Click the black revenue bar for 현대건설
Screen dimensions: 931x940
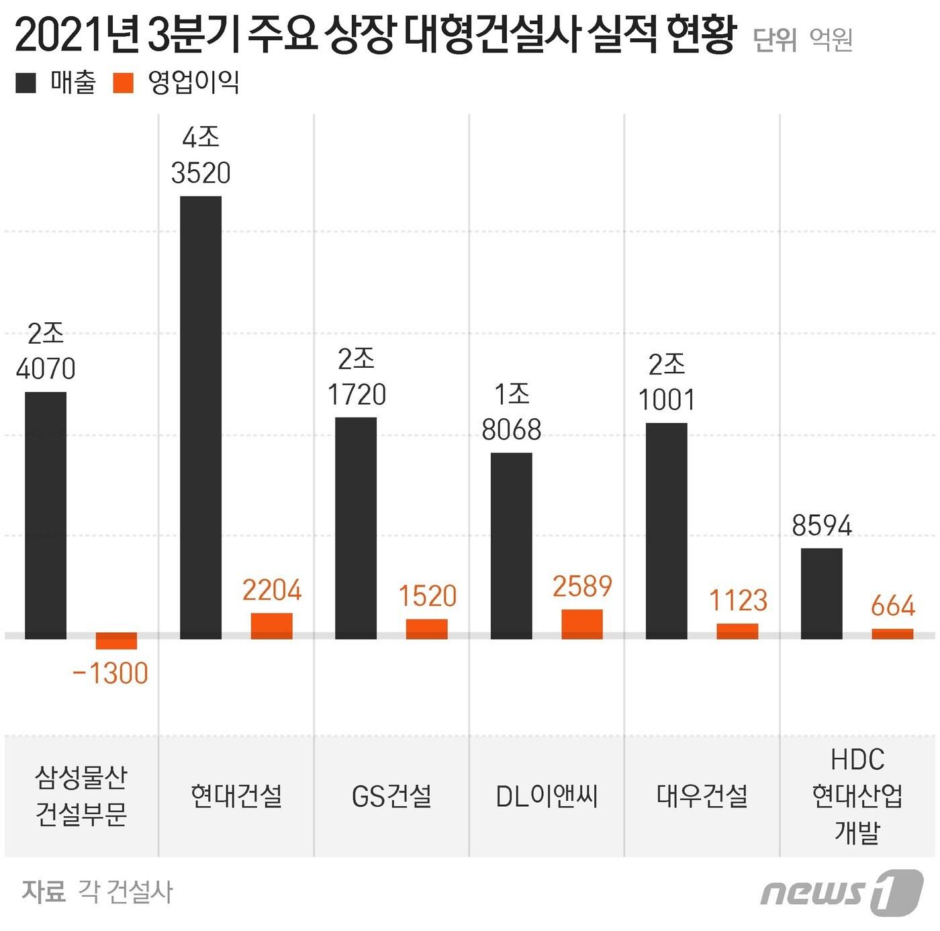[x=201, y=416]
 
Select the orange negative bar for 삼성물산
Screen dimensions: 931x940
[x=116, y=641]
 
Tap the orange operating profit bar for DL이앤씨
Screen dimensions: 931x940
[x=582, y=624]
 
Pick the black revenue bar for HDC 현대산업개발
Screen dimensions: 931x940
[x=821, y=593]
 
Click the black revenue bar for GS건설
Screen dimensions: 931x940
[x=356, y=527]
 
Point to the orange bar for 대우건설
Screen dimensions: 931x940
[x=737, y=631]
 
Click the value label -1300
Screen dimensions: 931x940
[x=111, y=673]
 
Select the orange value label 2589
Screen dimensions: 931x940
[x=582, y=587]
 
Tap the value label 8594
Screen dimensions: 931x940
[x=821, y=526]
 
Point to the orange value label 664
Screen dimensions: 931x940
[x=892, y=606]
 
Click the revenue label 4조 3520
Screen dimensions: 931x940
[x=201, y=156]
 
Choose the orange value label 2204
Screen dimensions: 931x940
[x=272, y=591]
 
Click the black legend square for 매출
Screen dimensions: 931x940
[x=26, y=83]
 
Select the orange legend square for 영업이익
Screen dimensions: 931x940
[x=124, y=83]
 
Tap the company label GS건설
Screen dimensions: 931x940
[x=391, y=796]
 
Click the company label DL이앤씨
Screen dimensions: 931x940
[x=547, y=796]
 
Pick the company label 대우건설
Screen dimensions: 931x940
[x=702, y=796]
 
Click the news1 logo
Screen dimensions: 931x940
[x=841, y=891]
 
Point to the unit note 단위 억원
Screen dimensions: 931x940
[x=802, y=40]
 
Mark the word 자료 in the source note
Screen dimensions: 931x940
[x=44, y=891]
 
